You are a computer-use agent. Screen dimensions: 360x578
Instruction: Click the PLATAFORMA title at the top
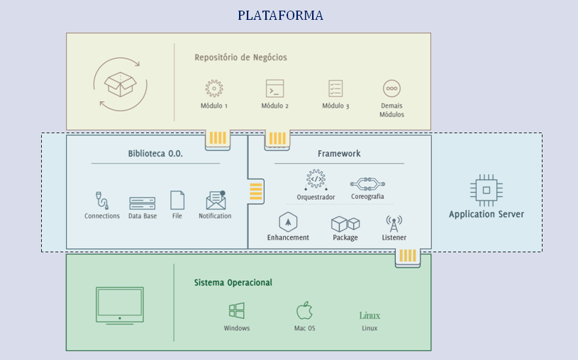click(280, 15)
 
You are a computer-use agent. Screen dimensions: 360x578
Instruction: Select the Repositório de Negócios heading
click(240, 57)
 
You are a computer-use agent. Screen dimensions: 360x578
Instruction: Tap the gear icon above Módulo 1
click(213, 89)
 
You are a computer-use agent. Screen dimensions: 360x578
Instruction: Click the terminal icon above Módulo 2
click(274, 89)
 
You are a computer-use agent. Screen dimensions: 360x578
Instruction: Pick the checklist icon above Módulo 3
click(335, 89)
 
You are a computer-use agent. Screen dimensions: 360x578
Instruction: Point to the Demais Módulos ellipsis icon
click(391, 89)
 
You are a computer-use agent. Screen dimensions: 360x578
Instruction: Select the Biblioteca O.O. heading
click(155, 153)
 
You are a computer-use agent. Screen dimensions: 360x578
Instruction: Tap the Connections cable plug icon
click(101, 200)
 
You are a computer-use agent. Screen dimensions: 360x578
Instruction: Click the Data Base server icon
click(142, 203)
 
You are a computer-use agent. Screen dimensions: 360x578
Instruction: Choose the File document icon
click(177, 201)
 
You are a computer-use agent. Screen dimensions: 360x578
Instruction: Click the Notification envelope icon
click(216, 201)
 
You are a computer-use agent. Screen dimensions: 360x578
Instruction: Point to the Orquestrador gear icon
click(316, 179)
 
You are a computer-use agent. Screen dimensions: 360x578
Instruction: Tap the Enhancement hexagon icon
click(287, 222)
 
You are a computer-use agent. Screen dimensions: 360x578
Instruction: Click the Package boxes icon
click(345, 223)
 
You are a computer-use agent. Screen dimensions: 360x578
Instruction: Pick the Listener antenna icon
click(394, 223)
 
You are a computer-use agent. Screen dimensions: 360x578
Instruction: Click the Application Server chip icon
click(486, 189)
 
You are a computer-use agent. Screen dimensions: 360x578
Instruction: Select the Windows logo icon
click(237, 311)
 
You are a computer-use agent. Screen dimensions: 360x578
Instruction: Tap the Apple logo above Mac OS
click(304, 310)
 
